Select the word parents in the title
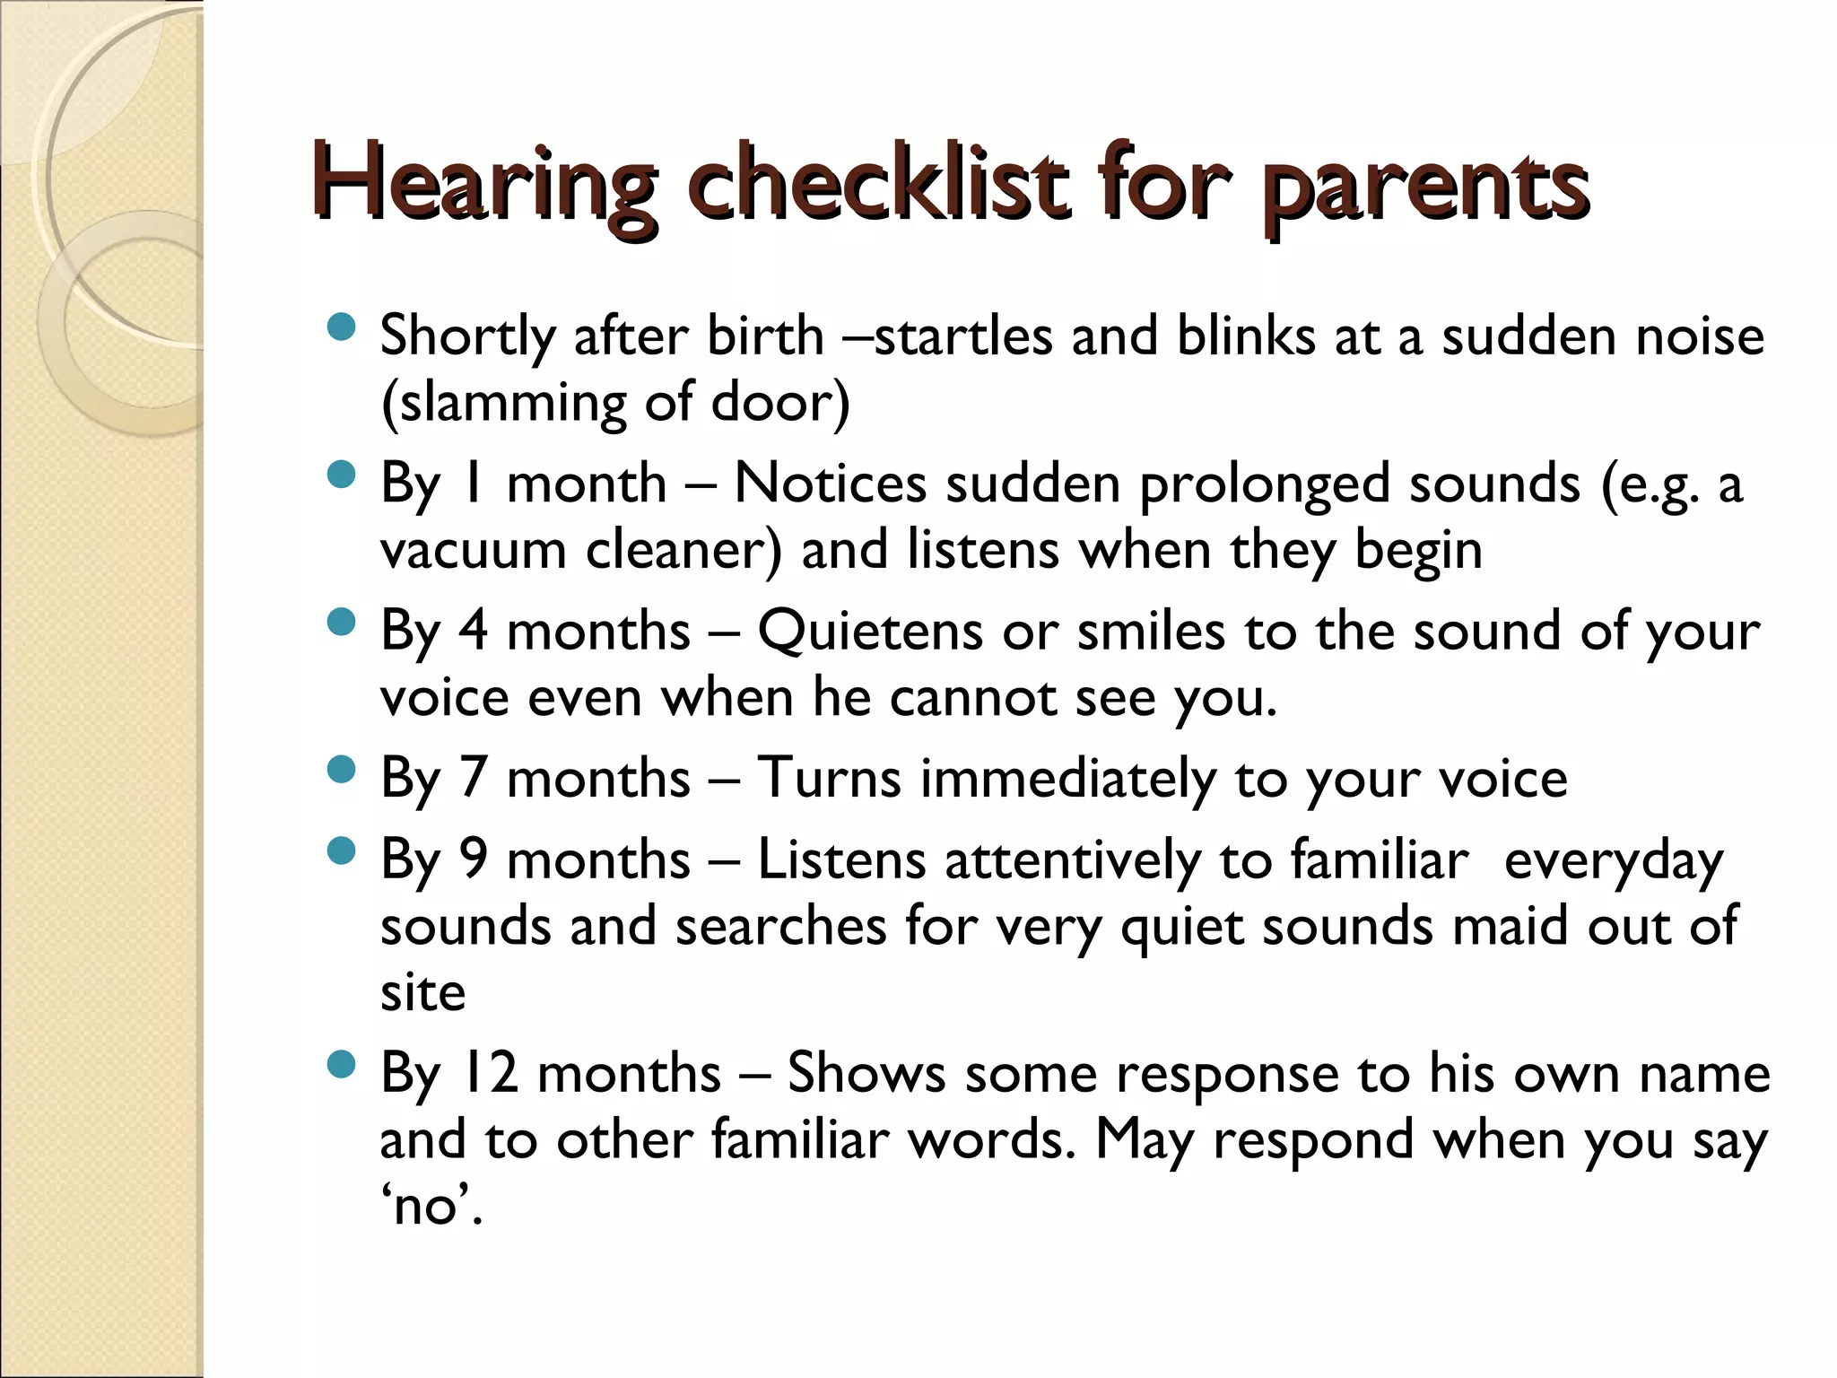tap(1426, 190)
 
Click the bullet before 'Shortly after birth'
tap(342, 327)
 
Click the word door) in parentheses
tap(779, 403)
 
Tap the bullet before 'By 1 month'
tap(342, 475)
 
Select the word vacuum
tap(473, 550)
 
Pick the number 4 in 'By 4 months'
tap(474, 631)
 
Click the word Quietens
tap(870, 632)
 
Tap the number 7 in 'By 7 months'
tap(474, 778)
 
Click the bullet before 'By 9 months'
tap(342, 850)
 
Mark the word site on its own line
tap(422, 992)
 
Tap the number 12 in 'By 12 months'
tap(489, 1073)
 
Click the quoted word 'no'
tap(431, 1205)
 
